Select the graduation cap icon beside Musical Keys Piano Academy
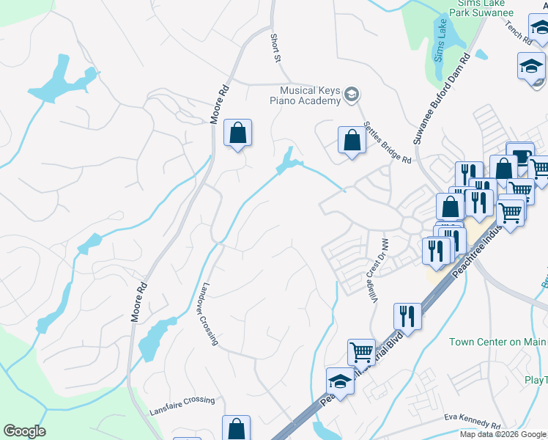pos(352,94)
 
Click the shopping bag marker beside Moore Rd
pos(237,133)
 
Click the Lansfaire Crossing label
pos(182,401)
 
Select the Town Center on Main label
pos(498,341)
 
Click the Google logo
pos(24,431)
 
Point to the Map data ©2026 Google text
pos(502,434)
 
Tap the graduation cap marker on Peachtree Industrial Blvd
pos(340,381)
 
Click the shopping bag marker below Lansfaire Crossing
pos(236,428)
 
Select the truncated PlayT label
pos(535,379)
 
